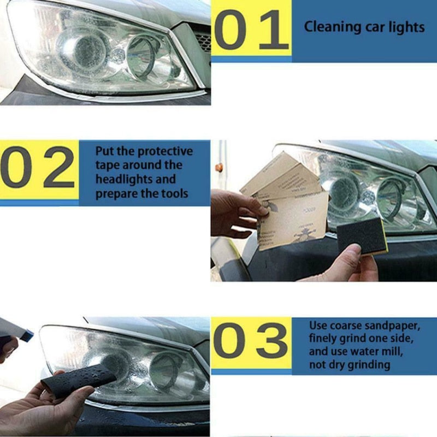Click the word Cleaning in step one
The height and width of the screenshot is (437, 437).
327,27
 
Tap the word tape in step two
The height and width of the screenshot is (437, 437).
107,165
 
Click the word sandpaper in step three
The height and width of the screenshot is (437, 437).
393,326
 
